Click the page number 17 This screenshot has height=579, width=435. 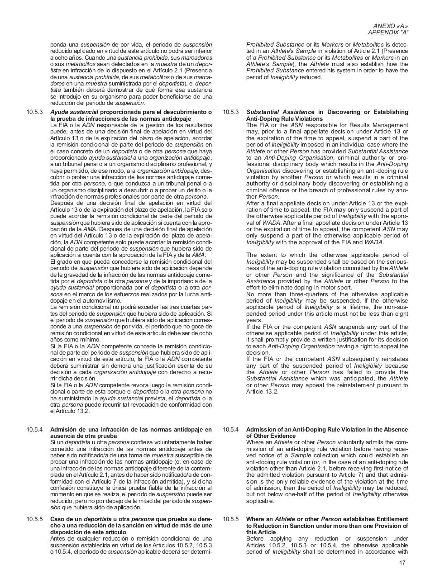click(x=402, y=563)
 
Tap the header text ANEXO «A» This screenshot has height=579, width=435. click(x=390, y=26)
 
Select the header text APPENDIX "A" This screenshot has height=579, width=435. click(x=388, y=33)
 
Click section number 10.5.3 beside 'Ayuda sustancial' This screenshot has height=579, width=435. click(x=34, y=112)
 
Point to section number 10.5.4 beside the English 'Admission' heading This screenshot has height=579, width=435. click(x=230, y=430)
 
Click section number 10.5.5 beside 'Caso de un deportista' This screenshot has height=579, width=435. click(x=34, y=519)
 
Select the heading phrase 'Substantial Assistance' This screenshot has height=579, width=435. click(x=280, y=112)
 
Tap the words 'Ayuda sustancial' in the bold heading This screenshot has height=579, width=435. click(x=74, y=112)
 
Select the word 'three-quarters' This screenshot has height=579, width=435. click(x=300, y=294)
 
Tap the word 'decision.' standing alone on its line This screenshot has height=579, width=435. click(x=258, y=353)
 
